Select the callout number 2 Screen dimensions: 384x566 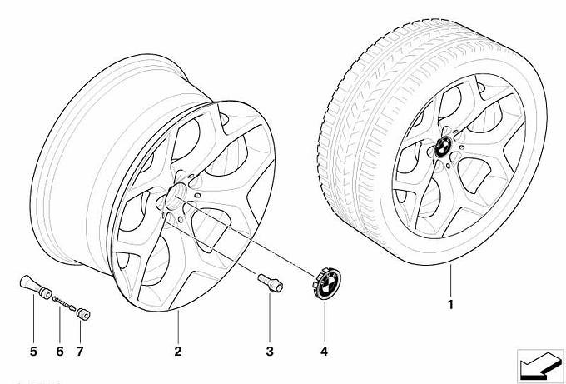pos(177,352)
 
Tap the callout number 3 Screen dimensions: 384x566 pos(270,352)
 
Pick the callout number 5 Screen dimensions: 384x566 pos(33,352)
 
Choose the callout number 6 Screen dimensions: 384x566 pos(60,352)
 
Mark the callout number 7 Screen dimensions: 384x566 pos(81,352)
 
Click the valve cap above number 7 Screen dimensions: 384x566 pos(83,315)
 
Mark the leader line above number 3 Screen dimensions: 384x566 pos(270,317)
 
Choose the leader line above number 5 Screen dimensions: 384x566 pos(33,321)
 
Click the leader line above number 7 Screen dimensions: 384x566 pos(81,332)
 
